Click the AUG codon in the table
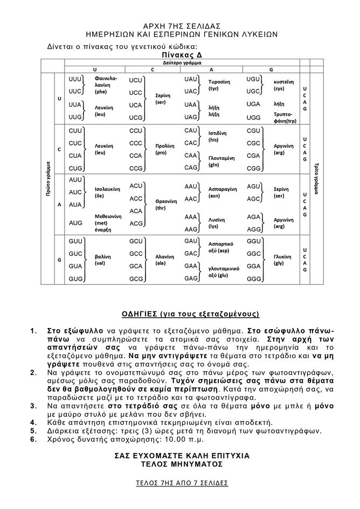tap(75, 222)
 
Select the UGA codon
tap(253, 104)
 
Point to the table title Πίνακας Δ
tap(180, 55)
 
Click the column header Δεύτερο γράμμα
tap(182, 62)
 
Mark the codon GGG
tap(254, 278)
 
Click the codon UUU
tap(75, 79)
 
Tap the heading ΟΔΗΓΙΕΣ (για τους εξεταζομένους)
tap(181, 313)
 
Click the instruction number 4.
tap(33, 422)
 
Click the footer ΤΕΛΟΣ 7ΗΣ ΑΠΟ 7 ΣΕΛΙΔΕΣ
tap(181, 483)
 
